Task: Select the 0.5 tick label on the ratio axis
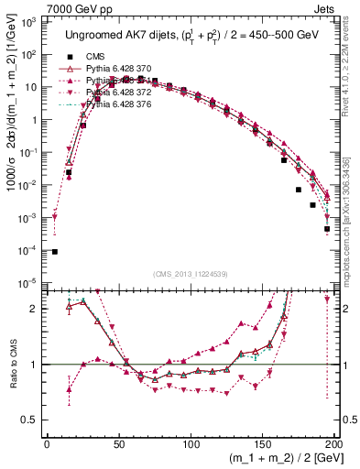point(32,420)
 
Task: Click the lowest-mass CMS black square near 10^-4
point(54,252)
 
